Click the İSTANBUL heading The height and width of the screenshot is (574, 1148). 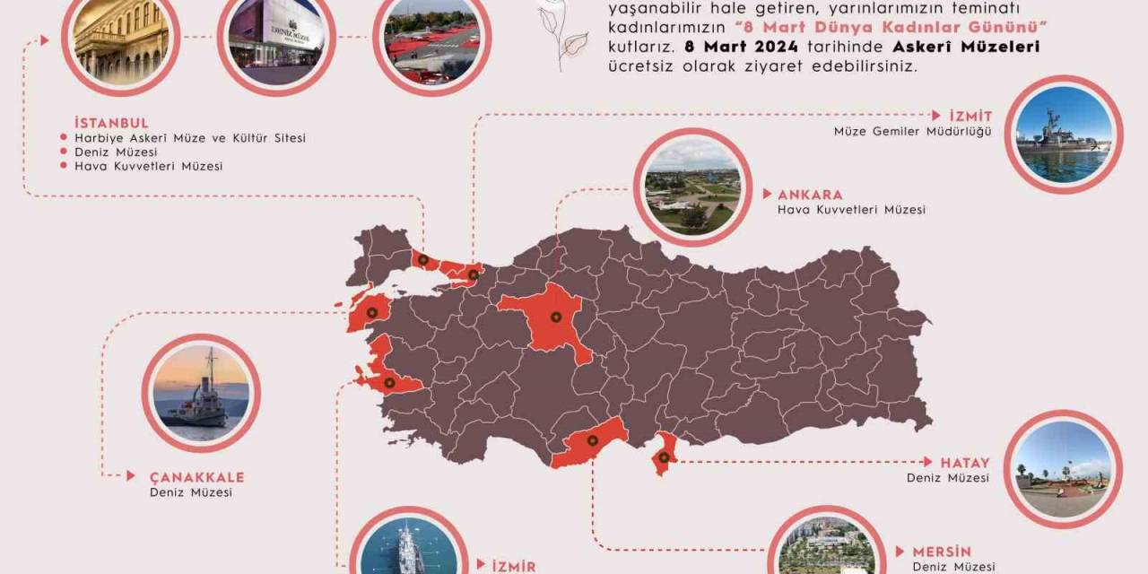[x=112, y=123]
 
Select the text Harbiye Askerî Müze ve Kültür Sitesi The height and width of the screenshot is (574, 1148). [x=190, y=138]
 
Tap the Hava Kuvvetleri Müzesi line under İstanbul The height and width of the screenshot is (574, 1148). [x=149, y=166]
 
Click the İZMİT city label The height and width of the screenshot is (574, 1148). [x=971, y=117]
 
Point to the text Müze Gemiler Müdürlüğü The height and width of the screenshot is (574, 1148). [x=912, y=132]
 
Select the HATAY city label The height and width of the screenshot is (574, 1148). [x=965, y=463]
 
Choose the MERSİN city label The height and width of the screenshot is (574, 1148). [x=942, y=552]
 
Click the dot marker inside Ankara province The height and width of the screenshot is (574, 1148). [x=555, y=317]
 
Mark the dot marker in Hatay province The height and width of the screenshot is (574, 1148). [x=663, y=457]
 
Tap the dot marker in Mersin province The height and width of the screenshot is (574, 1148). [x=592, y=440]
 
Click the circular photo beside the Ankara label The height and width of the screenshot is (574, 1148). [x=692, y=187]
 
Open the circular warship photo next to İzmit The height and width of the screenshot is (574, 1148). [x=1064, y=135]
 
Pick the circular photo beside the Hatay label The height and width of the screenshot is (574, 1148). [x=1063, y=469]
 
